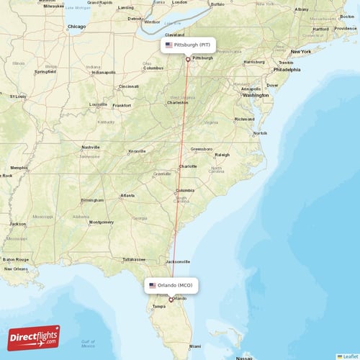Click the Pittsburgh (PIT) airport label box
pos(188,45)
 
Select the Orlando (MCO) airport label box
pos(171,286)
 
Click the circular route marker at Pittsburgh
pos(188,59)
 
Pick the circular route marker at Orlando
pos(171,300)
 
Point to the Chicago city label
pos(76,27)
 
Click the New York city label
pos(300,52)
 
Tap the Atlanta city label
pos(127,195)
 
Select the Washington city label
pos(256,95)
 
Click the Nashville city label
pos(91,147)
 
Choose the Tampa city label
pos(158,306)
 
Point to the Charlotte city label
pos(188,166)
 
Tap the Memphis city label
pos(19,168)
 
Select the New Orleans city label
pos(16,269)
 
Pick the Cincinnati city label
pos(129,86)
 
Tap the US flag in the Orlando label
pos(153,286)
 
